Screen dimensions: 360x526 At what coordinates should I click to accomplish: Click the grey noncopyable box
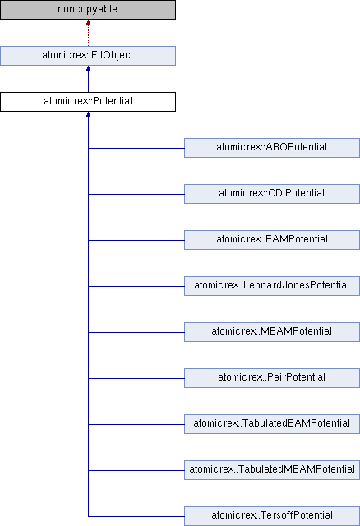coord(88,10)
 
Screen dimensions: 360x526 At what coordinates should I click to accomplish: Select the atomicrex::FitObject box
coord(88,56)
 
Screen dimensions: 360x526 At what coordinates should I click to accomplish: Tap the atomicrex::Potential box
coord(88,102)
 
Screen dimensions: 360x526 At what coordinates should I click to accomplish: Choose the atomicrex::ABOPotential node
coord(272,148)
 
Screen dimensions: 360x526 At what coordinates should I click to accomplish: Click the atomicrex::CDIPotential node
coord(272,194)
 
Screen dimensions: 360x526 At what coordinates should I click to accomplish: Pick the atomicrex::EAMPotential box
coord(272,240)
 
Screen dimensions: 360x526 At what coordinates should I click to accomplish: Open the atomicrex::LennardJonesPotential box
coord(272,286)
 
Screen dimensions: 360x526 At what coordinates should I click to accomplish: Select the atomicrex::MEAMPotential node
coord(272,332)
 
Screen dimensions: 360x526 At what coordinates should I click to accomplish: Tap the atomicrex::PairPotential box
coord(272,378)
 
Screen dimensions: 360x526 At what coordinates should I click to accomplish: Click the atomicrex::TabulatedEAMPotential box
coord(272,424)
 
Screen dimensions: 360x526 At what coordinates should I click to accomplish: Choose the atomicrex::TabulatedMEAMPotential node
coord(272,470)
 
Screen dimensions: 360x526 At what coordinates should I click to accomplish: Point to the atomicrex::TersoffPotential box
coord(272,516)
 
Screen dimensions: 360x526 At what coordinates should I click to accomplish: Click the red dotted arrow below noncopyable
coord(88,33)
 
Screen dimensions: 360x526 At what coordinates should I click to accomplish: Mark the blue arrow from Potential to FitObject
coord(88,79)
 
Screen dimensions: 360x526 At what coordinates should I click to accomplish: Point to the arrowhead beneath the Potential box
coord(88,114)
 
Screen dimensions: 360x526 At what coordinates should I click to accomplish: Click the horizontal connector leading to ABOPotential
coord(136,148)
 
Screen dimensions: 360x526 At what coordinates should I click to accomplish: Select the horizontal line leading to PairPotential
coord(136,378)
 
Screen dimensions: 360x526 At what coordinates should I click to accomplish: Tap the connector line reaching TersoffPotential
coord(136,516)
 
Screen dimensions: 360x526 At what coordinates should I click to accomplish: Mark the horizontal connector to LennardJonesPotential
coord(136,286)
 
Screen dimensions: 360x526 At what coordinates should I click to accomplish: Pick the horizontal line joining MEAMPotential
coord(136,332)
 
